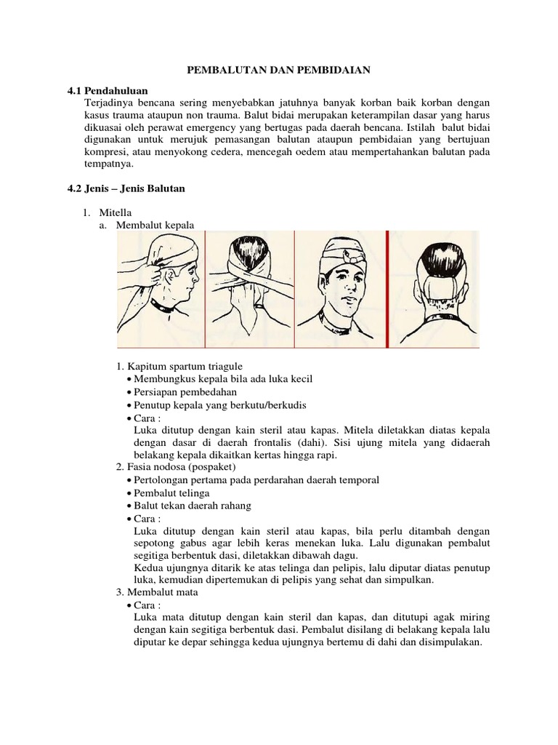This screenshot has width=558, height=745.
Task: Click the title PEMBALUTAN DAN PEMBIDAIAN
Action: click(x=279, y=70)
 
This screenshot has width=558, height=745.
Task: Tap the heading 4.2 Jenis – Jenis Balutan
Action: click(x=126, y=188)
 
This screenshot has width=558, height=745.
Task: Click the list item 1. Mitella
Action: click(x=109, y=212)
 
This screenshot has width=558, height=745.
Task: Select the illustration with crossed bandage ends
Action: click(x=250, y=287)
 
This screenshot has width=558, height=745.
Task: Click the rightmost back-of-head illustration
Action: click(x=437, y=287)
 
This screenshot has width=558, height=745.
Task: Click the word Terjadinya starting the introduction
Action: click(x=108, y=103)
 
